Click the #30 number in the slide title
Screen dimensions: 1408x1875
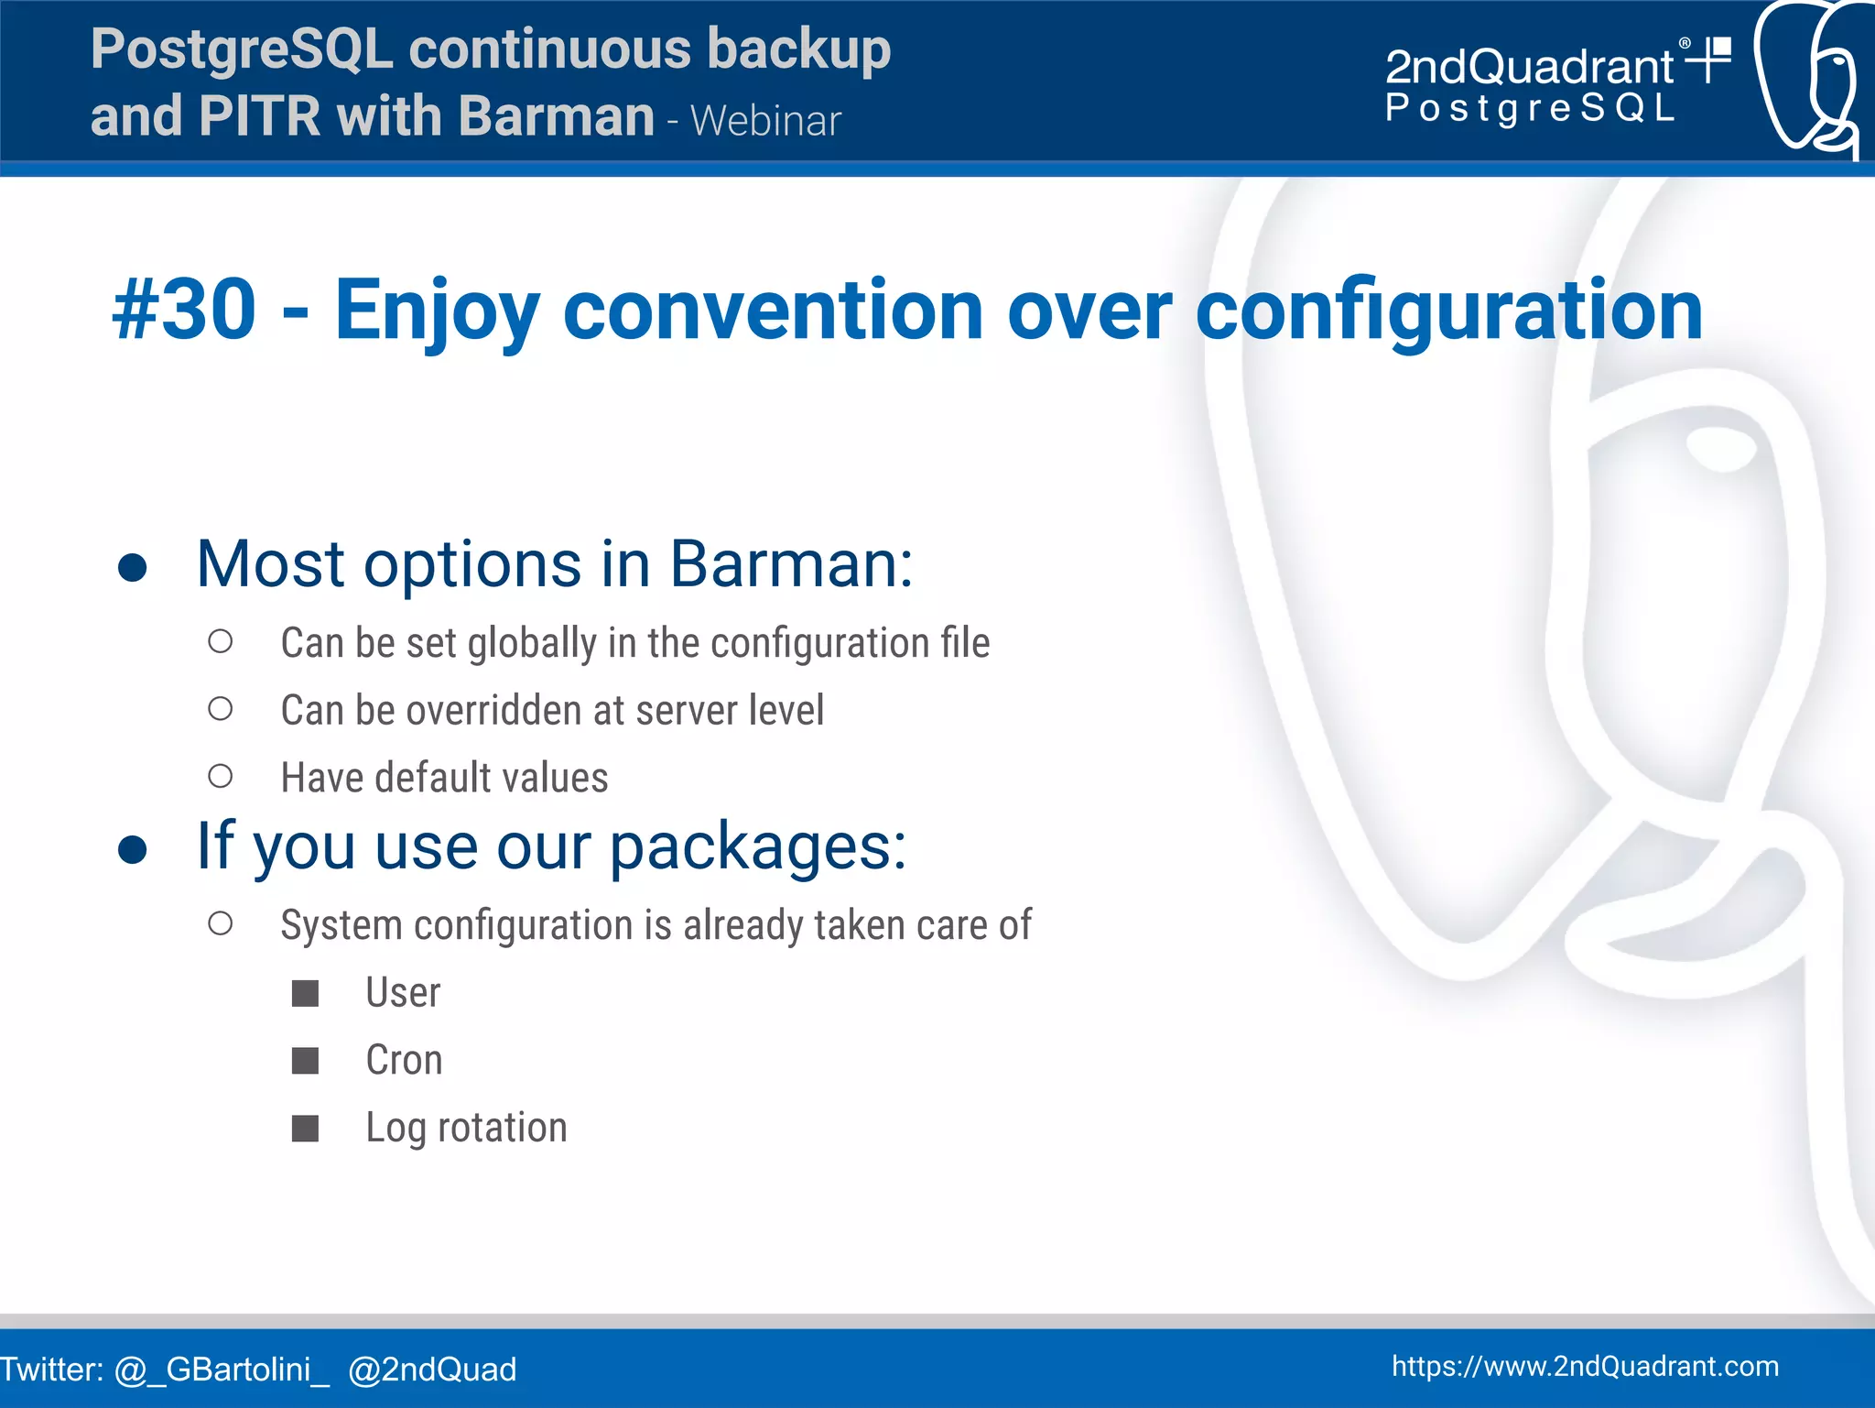tap(184, 311)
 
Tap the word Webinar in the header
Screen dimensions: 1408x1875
tap(765, 122)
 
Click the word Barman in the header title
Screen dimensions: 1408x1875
tap(557, 116)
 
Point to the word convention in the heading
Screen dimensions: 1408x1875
tap(773, 311)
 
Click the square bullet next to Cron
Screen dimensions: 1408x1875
tap(305, 1061)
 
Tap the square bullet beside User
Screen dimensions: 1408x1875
tap(305, 993)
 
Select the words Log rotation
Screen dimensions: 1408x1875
tap(466, 1128)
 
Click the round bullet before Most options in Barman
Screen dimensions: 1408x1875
tap(133, 567)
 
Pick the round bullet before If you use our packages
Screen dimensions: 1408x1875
tap(133, 849)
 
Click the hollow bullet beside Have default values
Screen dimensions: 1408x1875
tap(220, 777)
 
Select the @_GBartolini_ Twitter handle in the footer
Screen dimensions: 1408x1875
tap(221, 1370)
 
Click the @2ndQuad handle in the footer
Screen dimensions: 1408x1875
tap(432, 1370)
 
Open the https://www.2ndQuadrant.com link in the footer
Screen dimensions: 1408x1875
tap(1585, 1366)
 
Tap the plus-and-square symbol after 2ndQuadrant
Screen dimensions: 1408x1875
tap(1708, 59)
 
